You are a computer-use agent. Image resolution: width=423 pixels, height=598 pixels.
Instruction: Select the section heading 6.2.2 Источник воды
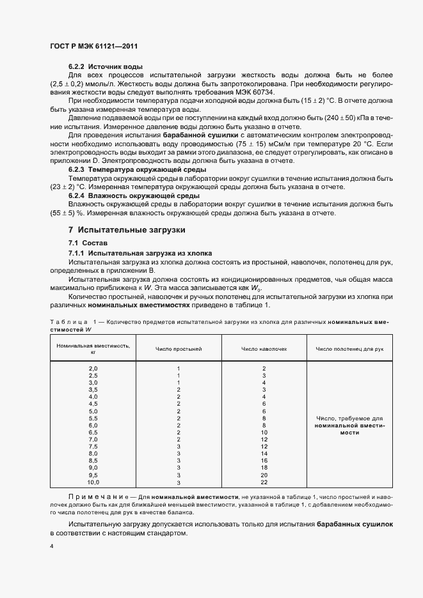click(x=105, y=67)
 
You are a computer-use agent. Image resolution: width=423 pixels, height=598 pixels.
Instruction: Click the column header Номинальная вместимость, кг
click(x=93, y=348)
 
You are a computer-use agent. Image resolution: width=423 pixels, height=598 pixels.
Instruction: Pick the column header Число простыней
click(x=179, y=349)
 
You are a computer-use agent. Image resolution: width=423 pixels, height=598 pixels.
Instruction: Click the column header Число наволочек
click(x=264, y=349)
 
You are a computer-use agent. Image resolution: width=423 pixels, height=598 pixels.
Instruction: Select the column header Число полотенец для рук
click(x=349, y=349)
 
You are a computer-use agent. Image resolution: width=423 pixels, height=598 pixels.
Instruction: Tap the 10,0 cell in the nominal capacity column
click(x=93, y=483)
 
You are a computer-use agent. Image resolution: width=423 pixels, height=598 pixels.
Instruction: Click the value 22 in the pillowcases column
click(x=264, y=483)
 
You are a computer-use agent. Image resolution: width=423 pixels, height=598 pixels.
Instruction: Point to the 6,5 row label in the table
click(x=93, y=433)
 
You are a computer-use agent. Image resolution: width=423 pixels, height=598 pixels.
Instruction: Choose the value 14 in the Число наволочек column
click(x=264, y=453)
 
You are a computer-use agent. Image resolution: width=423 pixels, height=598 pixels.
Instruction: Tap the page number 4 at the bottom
click(x=52, y=547)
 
